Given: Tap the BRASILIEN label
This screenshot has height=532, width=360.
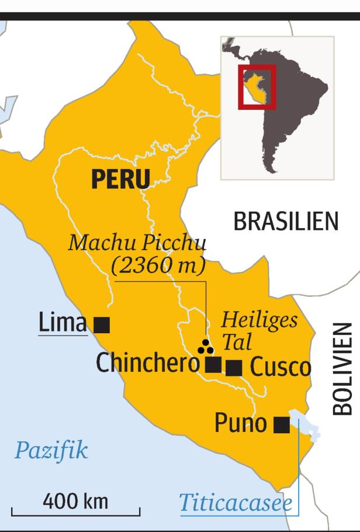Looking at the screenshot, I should point(286,222).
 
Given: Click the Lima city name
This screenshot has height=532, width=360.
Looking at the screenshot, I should point(63,323).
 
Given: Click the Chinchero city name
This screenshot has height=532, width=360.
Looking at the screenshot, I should point(148,364).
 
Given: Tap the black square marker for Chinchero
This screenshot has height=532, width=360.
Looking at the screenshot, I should point(214,365).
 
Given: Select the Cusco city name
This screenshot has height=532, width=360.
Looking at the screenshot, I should point(281,368).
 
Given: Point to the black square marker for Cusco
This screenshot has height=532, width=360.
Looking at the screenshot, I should point(234,368).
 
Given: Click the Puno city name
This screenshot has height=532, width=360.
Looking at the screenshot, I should point(241,423).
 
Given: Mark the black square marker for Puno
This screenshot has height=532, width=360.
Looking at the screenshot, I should point(282,425).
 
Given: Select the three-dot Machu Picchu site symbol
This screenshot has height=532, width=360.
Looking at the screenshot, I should point(205,347).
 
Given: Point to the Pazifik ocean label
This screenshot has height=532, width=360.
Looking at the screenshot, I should point(51,451).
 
